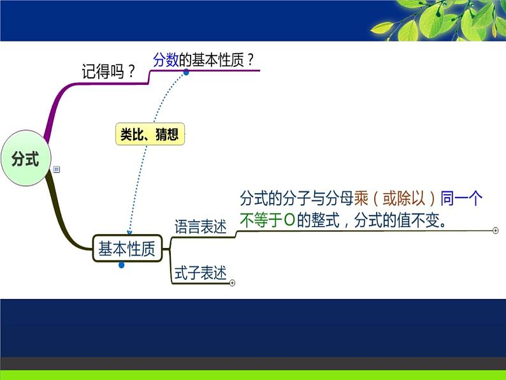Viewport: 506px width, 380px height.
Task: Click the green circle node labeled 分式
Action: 26,158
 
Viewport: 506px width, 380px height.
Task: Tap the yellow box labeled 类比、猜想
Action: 150,134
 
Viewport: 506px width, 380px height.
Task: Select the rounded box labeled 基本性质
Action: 127,248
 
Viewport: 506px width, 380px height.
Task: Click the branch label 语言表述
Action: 200,226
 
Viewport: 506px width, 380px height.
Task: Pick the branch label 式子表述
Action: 200,273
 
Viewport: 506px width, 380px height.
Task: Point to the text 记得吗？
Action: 108,71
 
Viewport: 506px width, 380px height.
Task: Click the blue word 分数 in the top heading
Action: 166,60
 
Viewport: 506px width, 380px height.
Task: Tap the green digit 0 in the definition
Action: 290,220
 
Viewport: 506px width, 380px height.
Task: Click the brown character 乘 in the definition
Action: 361,198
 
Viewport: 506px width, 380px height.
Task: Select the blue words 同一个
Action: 461,198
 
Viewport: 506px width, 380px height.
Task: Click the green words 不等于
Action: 261,220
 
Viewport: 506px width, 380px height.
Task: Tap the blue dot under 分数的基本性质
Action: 186,72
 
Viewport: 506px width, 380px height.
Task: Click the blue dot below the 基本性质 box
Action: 121,265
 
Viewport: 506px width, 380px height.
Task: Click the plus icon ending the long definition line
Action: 495,231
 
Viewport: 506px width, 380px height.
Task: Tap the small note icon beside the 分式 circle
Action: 57,170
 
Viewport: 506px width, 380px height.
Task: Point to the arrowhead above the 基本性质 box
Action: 129,233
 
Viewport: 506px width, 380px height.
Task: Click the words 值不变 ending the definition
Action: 418,220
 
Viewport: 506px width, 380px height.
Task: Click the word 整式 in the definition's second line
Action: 325,220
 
